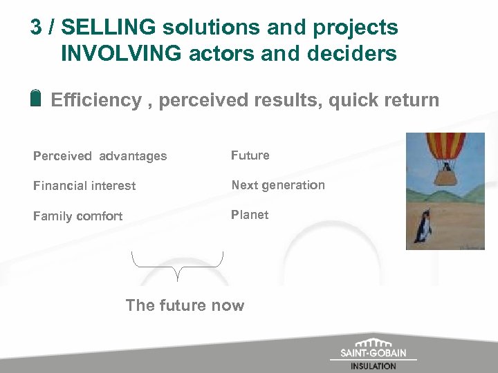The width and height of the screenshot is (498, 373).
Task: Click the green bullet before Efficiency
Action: point(37,98)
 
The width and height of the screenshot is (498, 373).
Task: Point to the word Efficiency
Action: point(96,100)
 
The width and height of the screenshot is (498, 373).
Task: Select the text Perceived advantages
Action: point(100,156)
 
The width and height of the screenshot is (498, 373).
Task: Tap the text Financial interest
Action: point(84,186)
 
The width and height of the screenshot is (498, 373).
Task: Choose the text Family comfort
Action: point(78,216)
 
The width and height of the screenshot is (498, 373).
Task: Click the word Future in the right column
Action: point(250,155)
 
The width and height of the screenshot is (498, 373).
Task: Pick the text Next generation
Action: point(278,185)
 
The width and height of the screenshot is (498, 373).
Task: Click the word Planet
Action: point(250,215)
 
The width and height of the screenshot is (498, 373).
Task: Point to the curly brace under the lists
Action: point(178,265)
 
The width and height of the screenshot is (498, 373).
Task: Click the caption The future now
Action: point(185,305)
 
